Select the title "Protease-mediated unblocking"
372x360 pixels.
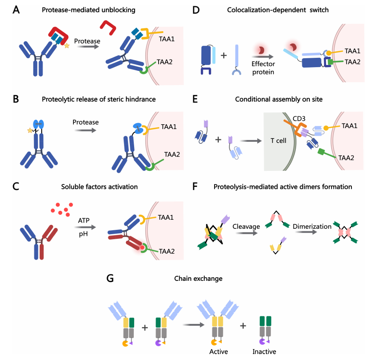pyautogui.click(x=89, y=10)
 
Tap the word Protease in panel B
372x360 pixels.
pyautogui.click(x=86, y=122)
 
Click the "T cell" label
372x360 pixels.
pyautogui.click(x=279, y=141)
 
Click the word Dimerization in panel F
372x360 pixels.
pyautogui.click(x=309, y=226)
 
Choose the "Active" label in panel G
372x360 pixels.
pyautogui.click(x=218, y=352)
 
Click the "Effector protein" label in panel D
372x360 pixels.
pyautogui.click(x=263, y=68)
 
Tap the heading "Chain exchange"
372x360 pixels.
pyautogui.click(x=193, y=278)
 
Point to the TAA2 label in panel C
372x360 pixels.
pyautogui.click(x=166, y=252)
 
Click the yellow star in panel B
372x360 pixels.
pyautogui.click(x=29, y=131)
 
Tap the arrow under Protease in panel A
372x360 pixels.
pyautogui.click(x=87, y=47)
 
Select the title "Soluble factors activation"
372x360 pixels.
pyautogui.click(x=100, y=187)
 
